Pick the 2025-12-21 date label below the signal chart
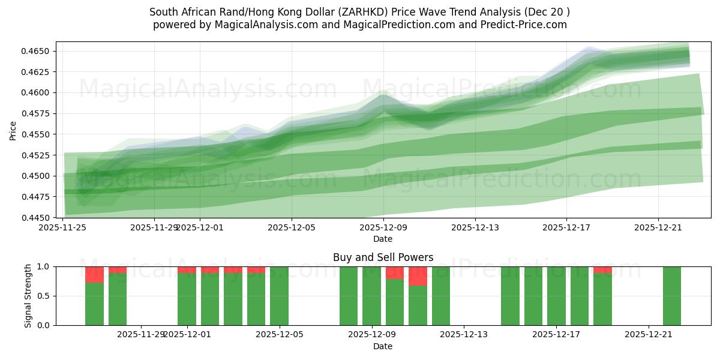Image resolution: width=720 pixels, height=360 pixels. click(649, 335)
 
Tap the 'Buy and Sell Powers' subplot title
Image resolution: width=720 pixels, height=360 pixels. click(383, 257)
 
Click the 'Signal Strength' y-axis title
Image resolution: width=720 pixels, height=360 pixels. click(28, 296)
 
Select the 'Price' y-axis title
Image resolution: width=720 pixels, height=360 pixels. click(13, 130)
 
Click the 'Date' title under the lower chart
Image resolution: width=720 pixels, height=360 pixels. click(383, 346)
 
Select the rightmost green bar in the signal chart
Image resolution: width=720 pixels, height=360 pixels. click(672, 296)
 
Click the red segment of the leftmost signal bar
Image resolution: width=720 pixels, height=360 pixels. click(94, 274)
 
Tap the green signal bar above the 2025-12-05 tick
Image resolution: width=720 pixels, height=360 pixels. click(279, 296)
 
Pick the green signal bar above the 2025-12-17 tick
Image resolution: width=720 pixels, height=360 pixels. click(556, 296)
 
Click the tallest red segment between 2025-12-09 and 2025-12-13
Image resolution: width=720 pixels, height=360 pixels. click(418, 276)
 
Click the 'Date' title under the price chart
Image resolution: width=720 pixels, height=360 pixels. click(383, 239)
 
